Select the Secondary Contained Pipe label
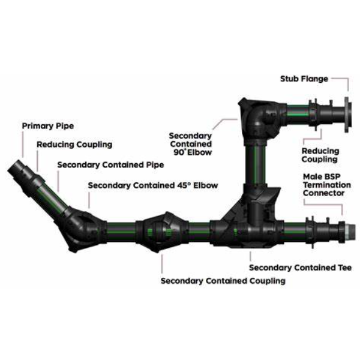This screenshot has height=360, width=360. point(110,164)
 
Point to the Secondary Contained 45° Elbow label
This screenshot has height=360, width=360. point(153,185)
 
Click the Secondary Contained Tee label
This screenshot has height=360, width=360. point(300,268)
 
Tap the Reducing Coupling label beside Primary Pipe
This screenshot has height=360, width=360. point(74,145)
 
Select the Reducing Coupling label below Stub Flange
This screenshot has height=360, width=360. point(320,155)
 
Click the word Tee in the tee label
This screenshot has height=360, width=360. point(344,268)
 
